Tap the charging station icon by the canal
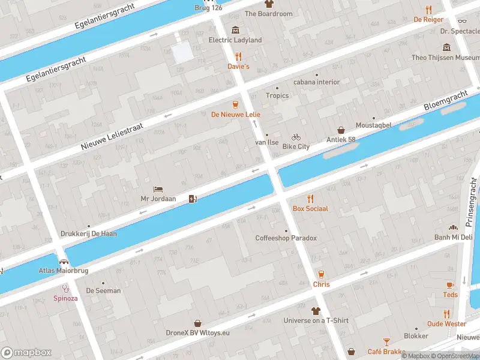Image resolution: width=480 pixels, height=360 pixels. (193, 199)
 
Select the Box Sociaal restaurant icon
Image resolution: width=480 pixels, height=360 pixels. (310, 199)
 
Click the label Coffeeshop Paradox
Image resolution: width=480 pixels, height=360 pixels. (286, 238)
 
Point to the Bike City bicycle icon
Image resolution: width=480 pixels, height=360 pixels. (296, 137)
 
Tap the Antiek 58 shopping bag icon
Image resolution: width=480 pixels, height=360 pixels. (341, 130)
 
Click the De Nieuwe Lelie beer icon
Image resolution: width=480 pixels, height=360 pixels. (235, 104)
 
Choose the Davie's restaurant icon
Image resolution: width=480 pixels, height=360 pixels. (238, 56)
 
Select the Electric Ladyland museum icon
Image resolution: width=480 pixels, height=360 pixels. (235, 30)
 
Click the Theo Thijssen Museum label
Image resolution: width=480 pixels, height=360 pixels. (445, 58)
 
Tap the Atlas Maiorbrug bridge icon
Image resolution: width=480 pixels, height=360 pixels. (64, 262)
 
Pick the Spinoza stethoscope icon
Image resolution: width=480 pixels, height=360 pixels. (65, 288)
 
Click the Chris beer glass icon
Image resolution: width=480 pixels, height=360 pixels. (321, 274)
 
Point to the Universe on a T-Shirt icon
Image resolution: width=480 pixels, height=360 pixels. (316, 311)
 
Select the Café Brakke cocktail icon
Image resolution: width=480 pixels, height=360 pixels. (386, 342)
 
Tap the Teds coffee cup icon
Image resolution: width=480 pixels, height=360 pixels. (450, 285)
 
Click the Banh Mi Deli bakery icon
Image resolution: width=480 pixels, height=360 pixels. (454, 227)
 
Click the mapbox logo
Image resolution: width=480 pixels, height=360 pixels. (26, 353)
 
